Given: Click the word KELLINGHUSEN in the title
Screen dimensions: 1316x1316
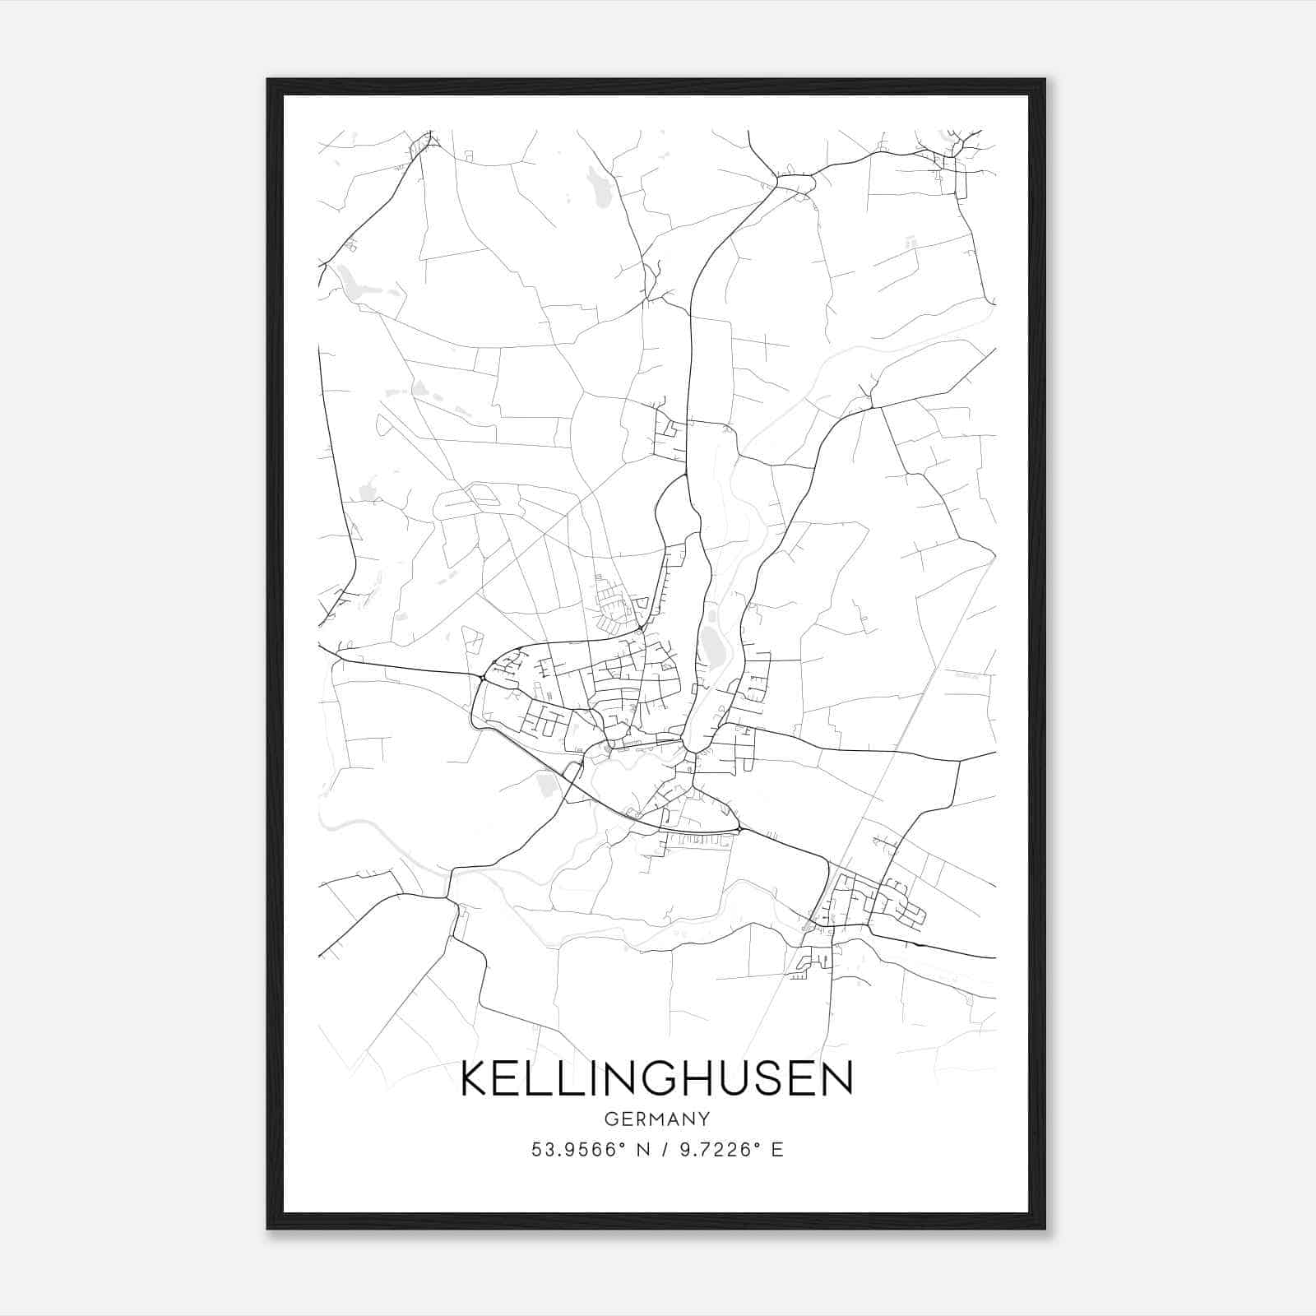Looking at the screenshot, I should point(656,1079).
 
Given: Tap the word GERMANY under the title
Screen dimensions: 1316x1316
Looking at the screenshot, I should point(656,1119).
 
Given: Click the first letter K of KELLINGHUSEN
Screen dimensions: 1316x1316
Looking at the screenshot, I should point(476,1079).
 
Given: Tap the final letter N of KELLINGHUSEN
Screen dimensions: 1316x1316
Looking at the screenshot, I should point(836,1079).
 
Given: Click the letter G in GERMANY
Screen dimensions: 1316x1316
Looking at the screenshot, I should point(610,1119).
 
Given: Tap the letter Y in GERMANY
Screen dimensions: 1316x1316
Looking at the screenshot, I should point(704,1119).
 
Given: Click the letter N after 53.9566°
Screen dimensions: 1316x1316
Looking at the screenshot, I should point(638,1150).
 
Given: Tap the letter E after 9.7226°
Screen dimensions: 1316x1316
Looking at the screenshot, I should point(777,1150).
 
